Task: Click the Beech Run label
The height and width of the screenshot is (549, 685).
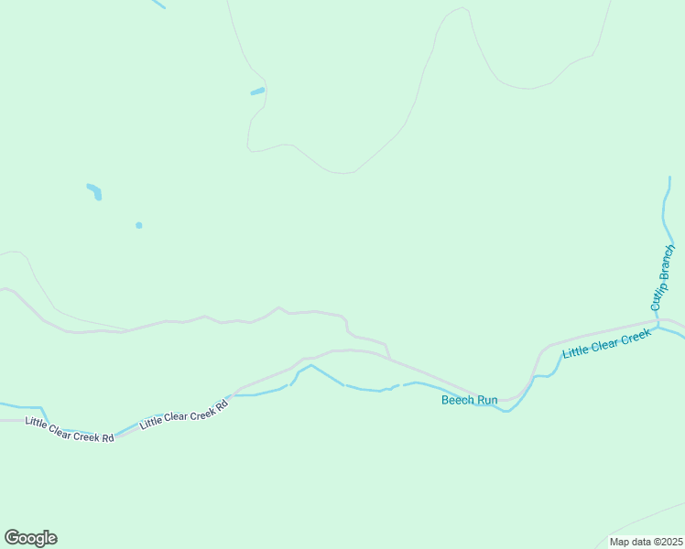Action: coord(469,400)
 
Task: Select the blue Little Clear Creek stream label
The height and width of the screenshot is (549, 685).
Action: coord(606,344)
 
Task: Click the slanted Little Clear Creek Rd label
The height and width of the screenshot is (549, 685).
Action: coord(183,414)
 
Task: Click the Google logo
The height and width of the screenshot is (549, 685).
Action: coord(30,538)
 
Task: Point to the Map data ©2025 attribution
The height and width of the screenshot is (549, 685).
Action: coord(647,542)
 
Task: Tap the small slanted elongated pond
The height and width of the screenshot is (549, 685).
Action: coord(257,91)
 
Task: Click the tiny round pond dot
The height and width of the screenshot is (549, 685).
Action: coord(139,225)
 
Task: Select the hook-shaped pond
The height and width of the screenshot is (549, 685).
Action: coord(94,191)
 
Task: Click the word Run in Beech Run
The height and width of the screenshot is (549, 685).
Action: coord(486,400)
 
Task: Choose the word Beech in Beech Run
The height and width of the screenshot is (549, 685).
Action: coord(458,400)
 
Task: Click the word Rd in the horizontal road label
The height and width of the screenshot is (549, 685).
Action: coord(107,437)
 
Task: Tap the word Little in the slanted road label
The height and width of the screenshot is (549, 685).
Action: coord(149,424)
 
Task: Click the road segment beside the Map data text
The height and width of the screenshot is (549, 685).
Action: coord(641,520)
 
